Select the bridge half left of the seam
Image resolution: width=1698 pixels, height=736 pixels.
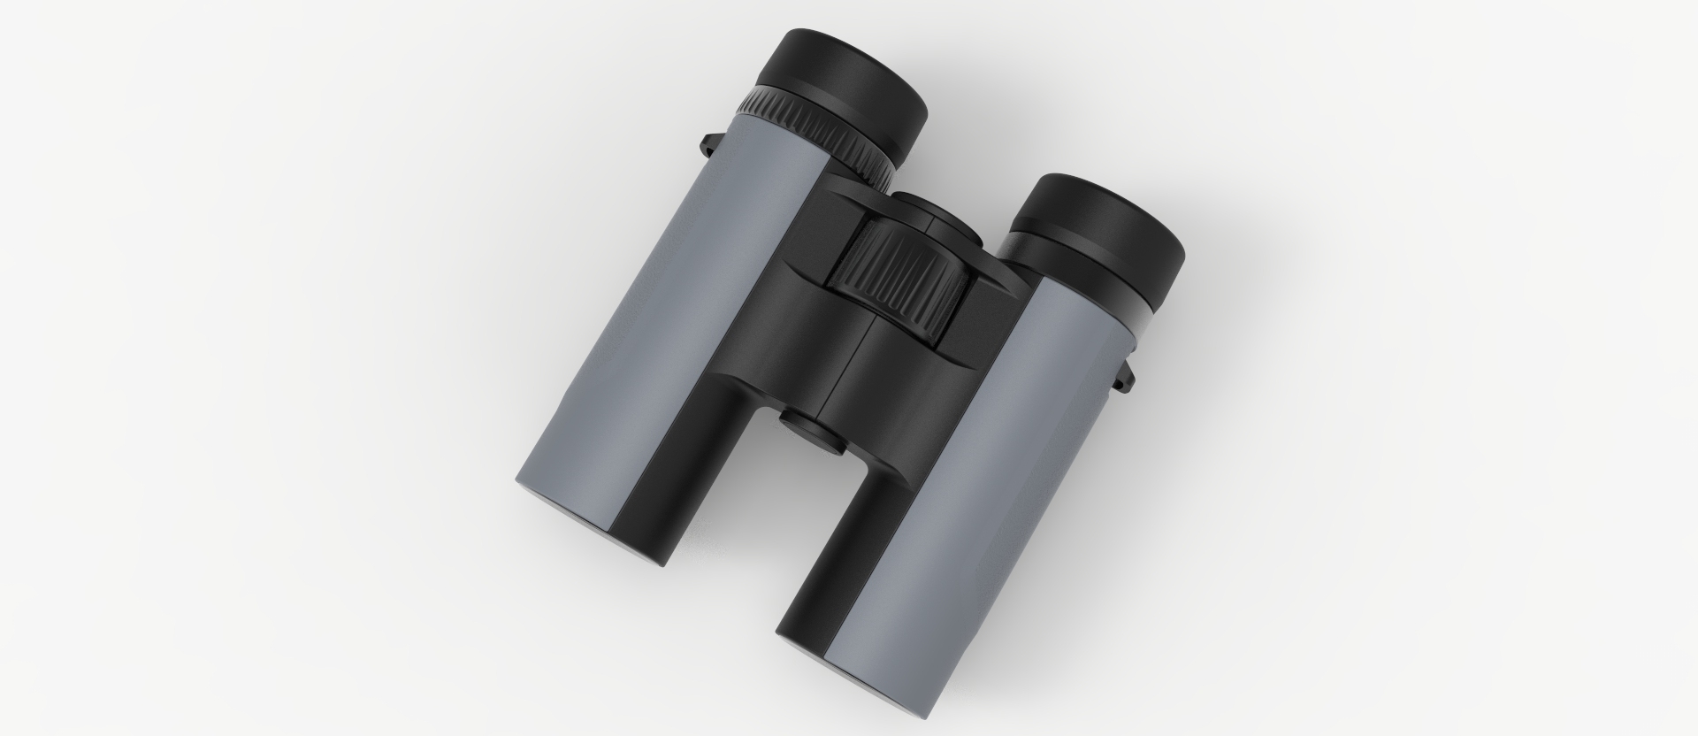point(796,336)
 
